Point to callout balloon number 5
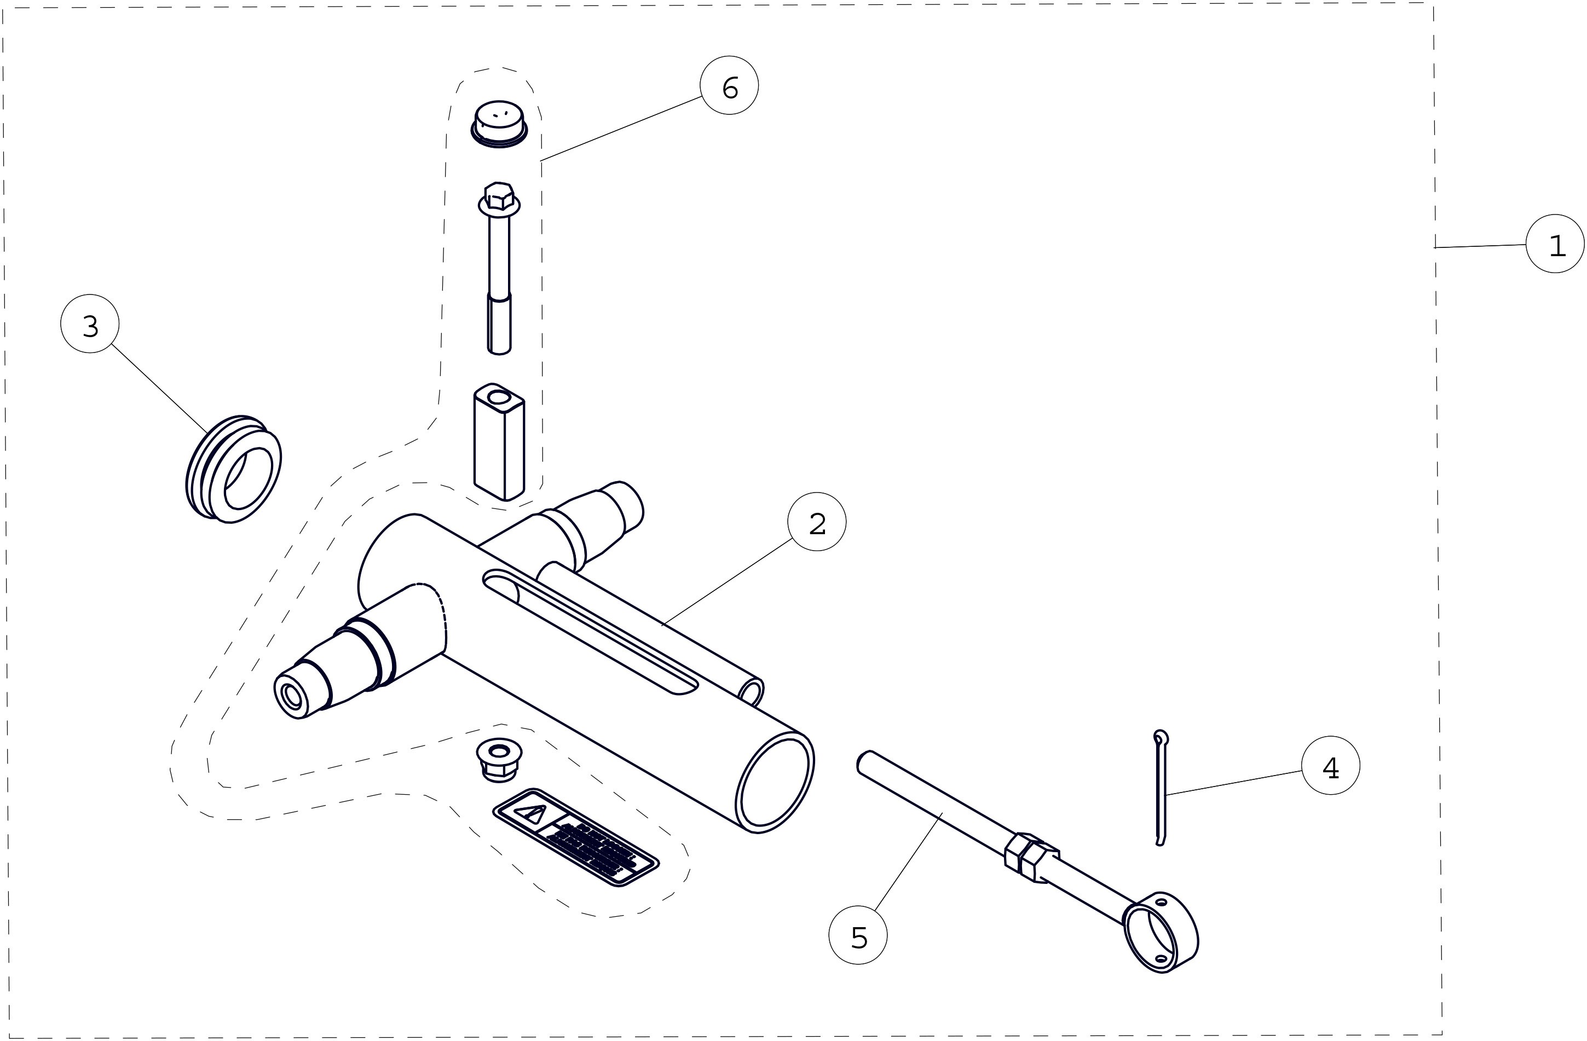point(858,935)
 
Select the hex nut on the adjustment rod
point(1031,857)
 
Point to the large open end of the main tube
point(775,782)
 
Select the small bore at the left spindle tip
point(292,696)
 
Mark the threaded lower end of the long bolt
point(499,324)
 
